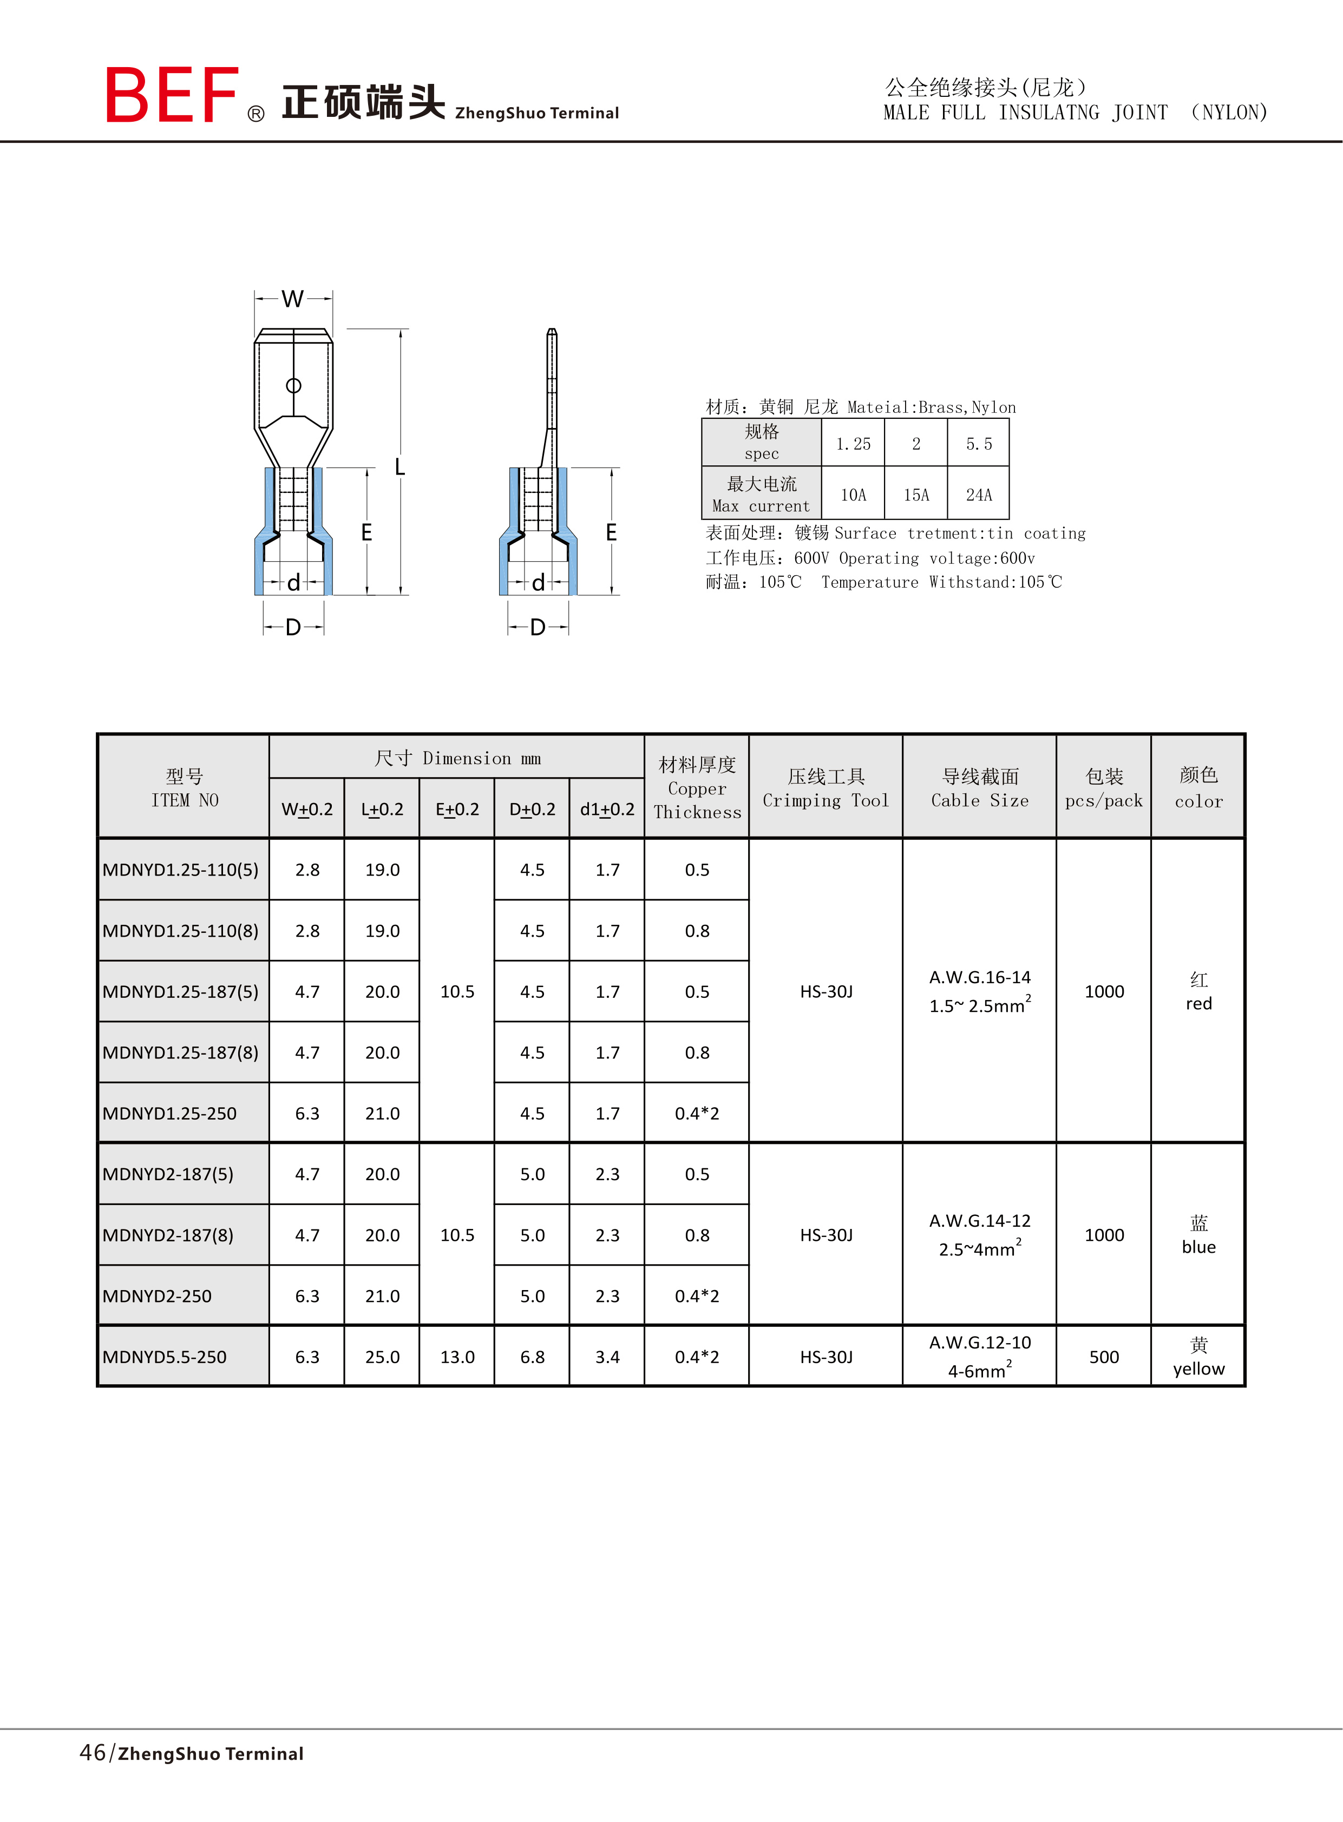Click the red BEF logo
(x=172, y=95)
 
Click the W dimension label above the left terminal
(x=293, y=299)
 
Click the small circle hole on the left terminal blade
(x=293, y=385)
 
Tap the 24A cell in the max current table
(x=978, y=494)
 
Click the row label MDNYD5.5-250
(x=164, y=1356)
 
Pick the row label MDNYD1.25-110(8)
(x=180, y=931)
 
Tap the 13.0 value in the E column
(x=457, y=1356)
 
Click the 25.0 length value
(x=382, y=1356)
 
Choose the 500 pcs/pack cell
(x=1103, y=1356)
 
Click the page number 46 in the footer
(x=93, y=1752)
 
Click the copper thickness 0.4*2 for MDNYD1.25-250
(x=697, y=1113)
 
